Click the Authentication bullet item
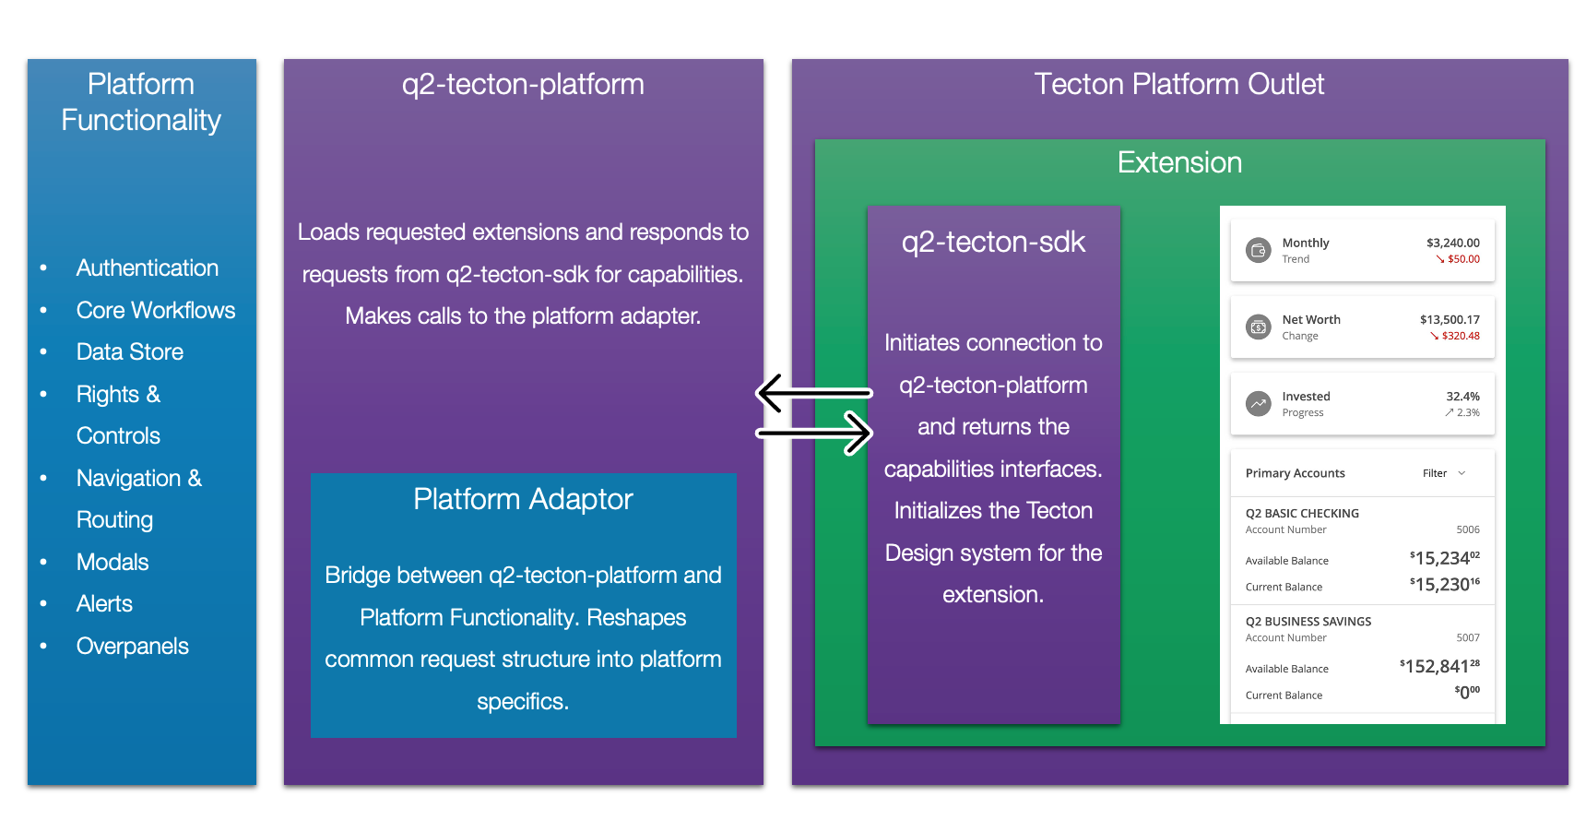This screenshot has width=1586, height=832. (x=147, y=268)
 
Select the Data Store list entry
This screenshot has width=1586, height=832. (x=129, y=352)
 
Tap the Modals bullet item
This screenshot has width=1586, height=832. (x=112, y=563)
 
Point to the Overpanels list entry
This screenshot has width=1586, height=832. (x=132, y=647)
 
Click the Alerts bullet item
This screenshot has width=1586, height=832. (x=104, y=604)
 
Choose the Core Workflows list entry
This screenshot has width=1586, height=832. (x=155, y=311)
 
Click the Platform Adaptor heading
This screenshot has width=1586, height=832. (x=523, y=500)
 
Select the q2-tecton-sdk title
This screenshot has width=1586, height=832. (x=993, y=243)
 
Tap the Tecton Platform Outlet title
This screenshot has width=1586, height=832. (x=1178, y=85)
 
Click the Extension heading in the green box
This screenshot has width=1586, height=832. (x=1179, y=163)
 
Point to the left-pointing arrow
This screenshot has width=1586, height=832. (x=813, y=393)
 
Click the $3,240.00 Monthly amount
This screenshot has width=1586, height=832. (x=1452, y=244)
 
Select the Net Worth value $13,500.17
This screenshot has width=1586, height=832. (x=1450, y=320)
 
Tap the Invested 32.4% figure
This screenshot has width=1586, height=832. (x=1462, y=397)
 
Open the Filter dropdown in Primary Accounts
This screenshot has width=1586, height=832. (x=1443, y=473)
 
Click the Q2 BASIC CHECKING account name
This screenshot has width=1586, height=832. (x=1302, y=514)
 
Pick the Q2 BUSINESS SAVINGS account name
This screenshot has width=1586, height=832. (x=1308, y=622)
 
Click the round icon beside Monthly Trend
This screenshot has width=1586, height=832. (x=1258, y=250)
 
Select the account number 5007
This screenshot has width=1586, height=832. (x=1468, y=637)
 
